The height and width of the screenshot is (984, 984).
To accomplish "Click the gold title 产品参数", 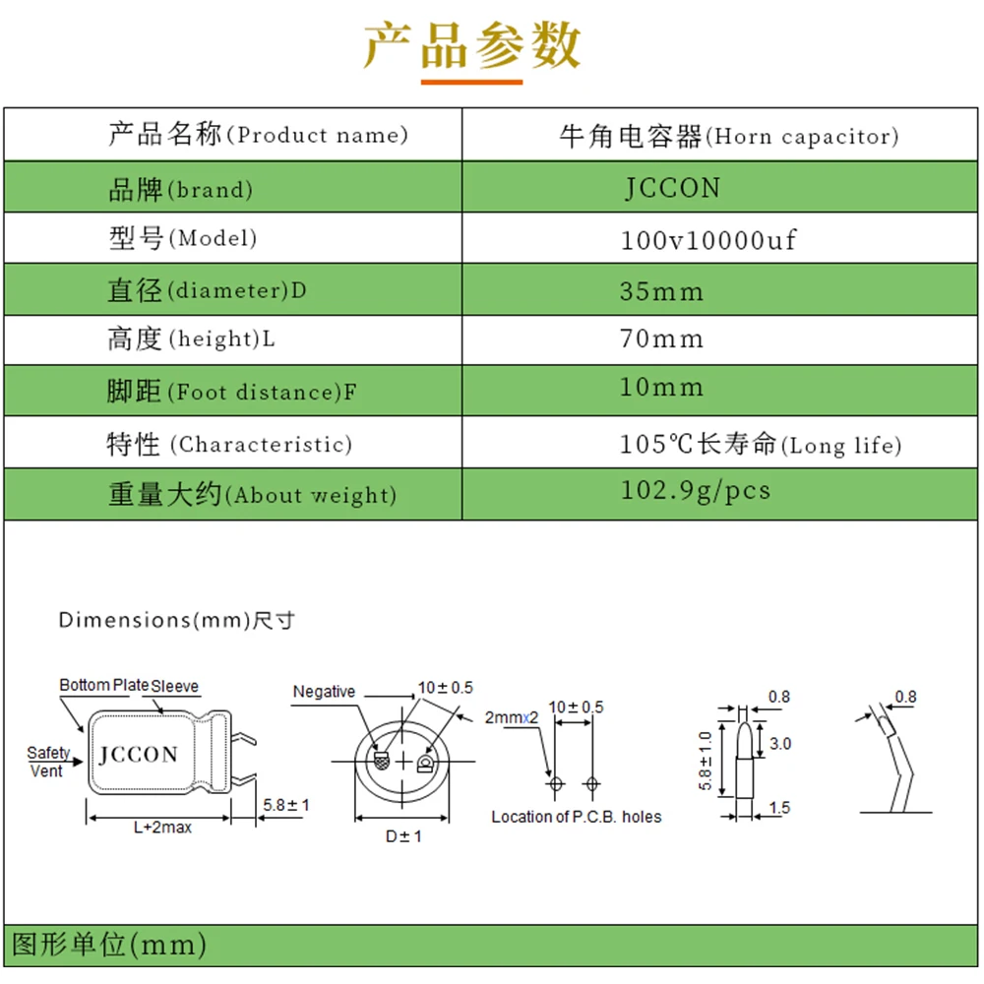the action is pyautogui.click(x=472, y=45).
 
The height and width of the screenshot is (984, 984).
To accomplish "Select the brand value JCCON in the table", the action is pyautogui.click(x=673, y=188).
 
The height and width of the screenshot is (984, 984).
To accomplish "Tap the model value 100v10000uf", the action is pyautogui.click(x=708, y=239).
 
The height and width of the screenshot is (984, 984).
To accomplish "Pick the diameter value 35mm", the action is pyautogui.click(x=661, y=291).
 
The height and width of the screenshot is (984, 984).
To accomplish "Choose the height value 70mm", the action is pyautogui.click(x=661, y=339).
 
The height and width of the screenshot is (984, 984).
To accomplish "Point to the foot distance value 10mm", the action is pyautogui.click(x=661, y=388).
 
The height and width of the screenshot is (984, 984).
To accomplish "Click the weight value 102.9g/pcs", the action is pyautogui.click(x=696, y=490).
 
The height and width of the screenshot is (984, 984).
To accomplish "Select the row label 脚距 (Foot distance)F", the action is pyautogui.click(x=231, y=392).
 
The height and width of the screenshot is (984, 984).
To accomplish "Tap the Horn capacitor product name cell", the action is pyautogui.click(x=728, y=136).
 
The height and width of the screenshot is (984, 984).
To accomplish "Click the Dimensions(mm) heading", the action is pyautogui.click(x=177, y=620).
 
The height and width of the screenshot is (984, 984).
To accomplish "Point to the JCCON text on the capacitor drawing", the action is pyautogui.click(x=139, y=755).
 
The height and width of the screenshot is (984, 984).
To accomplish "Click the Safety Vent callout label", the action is pyautogui.click(x=47, y=762).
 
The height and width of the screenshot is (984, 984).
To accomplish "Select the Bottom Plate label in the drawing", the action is pyautogui.click(x=103, y=685).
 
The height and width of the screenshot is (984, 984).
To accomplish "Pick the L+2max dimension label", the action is pyautogui.click(x=162, y=828).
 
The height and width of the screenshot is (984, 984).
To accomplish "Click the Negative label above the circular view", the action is pyautogui.click(x=324, y=692).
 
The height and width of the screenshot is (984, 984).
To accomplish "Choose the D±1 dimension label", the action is pyautogui.click(x=403, y=836).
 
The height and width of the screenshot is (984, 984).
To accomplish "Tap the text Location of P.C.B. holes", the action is pyautogui.click(x=577, y=817).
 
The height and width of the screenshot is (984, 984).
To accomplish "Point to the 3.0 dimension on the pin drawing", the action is pyautogui.click(x=779, y=744).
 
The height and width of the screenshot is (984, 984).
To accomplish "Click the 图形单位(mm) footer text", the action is pyautogui.click(x=108, y=946).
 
